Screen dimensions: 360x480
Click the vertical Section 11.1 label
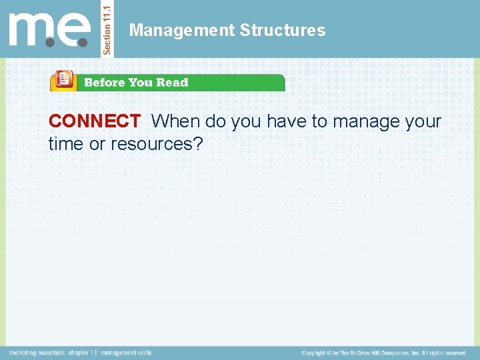[109, 28]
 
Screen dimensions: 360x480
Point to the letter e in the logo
[75, 31]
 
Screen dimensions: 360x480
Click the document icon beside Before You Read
[63, 81]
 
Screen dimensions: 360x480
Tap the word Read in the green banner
[173, 83]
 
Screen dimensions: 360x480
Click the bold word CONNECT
[94, 121]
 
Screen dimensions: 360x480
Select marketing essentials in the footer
[37, 353]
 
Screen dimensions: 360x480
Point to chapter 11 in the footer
[83, 353]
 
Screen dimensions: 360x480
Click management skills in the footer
[127, 353]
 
